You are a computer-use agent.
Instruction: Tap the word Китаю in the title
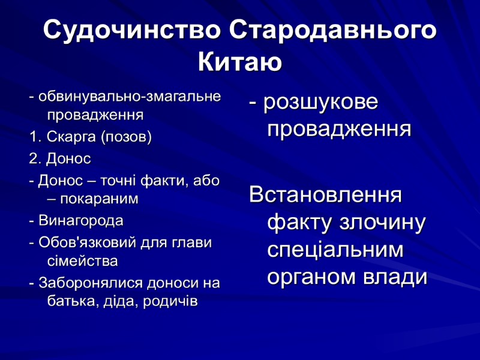click(x=240, y=62)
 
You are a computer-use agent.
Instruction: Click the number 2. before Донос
click(x=34, y=159)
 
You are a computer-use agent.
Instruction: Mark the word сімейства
click(x=82, y=261)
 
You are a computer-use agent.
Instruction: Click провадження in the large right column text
click(x=340, y=129)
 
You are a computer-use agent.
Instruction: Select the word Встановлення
click(x=326, y=195)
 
